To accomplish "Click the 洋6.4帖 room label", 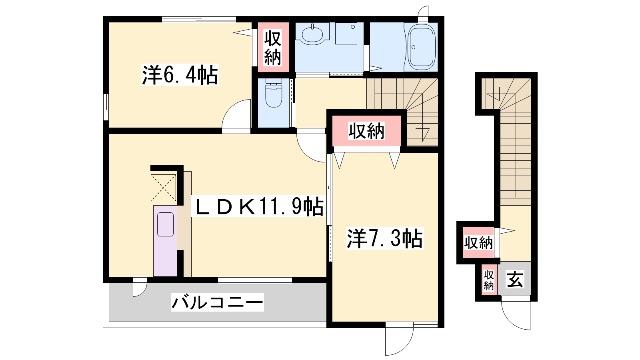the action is [180, 75].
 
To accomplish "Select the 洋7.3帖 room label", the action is [384, 238].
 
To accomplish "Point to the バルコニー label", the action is [217, 302].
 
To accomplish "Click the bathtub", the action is [421, 47].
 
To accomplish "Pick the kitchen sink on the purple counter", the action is [165, 224].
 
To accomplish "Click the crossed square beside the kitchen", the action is [163, 188].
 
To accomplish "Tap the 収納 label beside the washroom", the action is [272, 48].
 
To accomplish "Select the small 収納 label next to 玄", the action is [488, 280].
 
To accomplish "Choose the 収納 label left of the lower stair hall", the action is [478, 243].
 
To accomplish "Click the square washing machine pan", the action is [346, 34].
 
